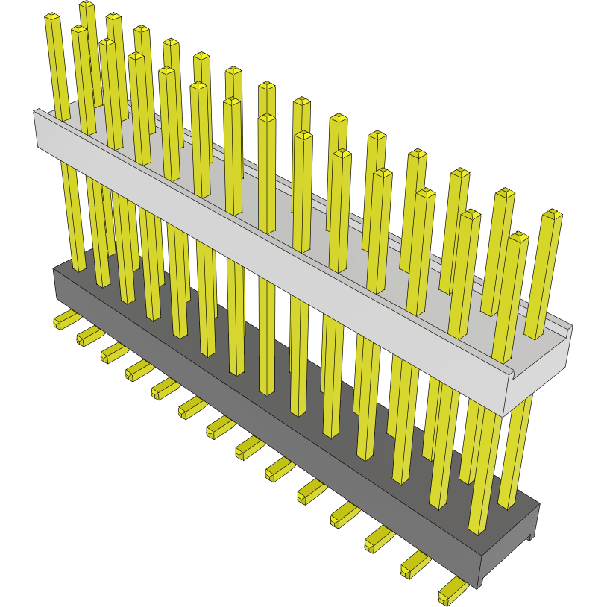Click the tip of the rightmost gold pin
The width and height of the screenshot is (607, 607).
(x=553, y=215)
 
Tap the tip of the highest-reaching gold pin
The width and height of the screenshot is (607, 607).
(x=87, y=6)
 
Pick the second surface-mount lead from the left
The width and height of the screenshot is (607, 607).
(x=87, y=335)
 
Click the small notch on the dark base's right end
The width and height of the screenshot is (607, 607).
(x=530, y=536)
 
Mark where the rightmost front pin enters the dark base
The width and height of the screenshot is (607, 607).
(x=476, y=531)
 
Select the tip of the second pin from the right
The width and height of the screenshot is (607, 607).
(x=519, y=238)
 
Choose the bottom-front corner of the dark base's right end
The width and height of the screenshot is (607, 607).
(x=480, y=586)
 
